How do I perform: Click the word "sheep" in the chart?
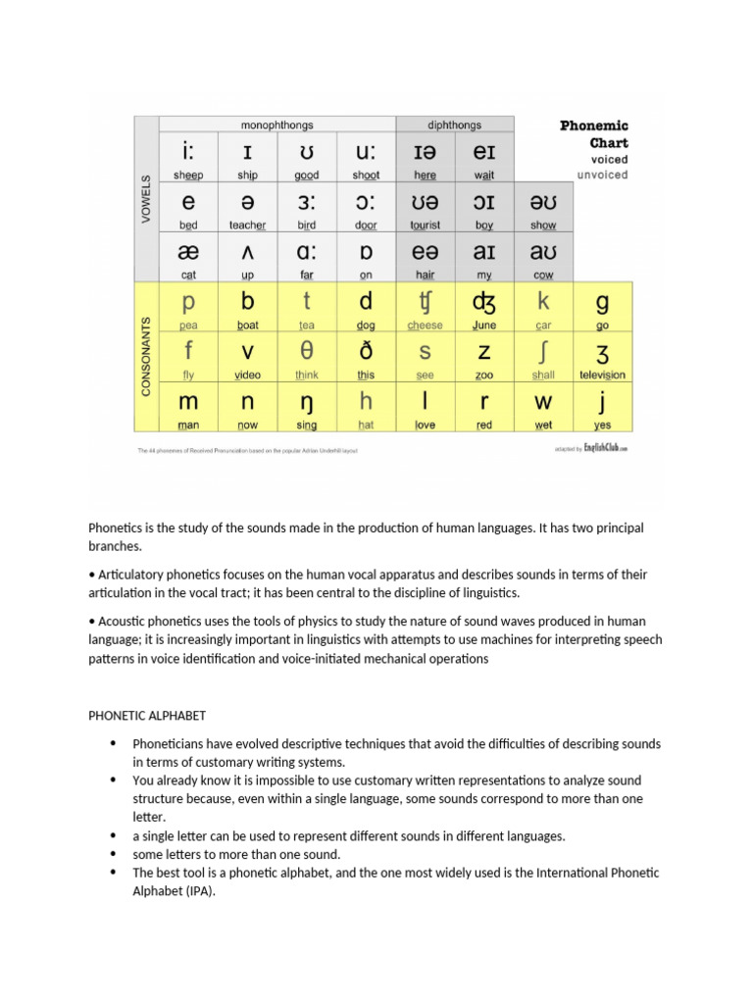[188, 175]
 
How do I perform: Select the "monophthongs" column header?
[277, 125]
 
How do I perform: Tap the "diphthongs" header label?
[454, 125]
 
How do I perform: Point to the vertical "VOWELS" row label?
[146, 199]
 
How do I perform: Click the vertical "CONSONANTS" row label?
[146, 356]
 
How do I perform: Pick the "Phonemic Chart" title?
[594, 134]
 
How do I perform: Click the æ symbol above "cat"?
[188, 252]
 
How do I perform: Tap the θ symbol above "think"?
[307, 351]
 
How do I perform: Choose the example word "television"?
[602, 376]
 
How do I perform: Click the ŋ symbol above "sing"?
[307, 402]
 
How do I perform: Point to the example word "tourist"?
[425, 225]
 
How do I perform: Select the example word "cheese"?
[425, 326]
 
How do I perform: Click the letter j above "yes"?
[602, 401]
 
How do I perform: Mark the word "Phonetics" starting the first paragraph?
[116, 527]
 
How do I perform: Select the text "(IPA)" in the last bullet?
[199, 891]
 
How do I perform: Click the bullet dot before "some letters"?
[115, 854]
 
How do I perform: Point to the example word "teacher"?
[247, 225]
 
